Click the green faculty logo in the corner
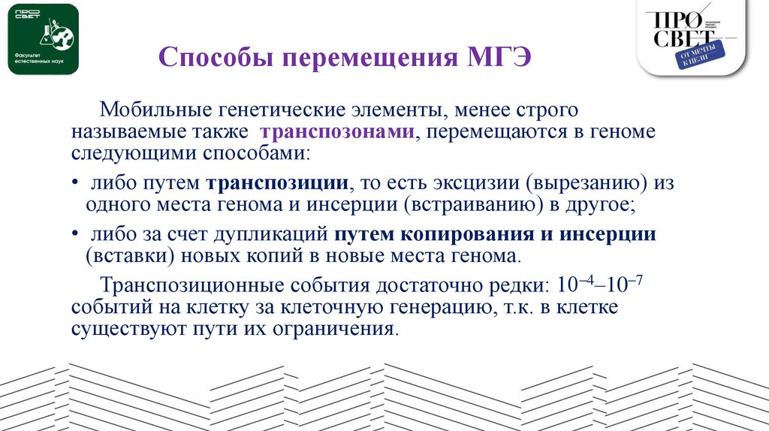43,38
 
